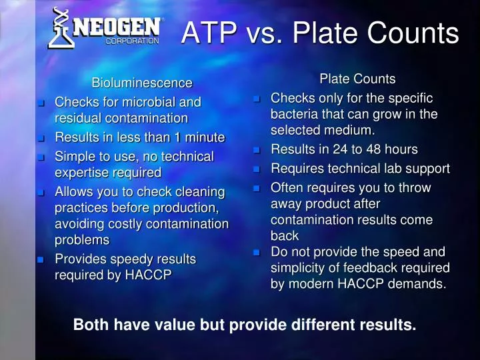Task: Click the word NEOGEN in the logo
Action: click(x=117, y=27)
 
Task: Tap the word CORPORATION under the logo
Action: click(x=133, y=41)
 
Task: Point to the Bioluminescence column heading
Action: click(x=141, y=83)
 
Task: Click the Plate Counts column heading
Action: click(x=357, y=79)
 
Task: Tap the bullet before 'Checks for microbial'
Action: click(x=41, y=103)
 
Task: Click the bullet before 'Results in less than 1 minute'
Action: click(x=41, y=139)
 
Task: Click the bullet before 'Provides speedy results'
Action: click(x=41, y=259)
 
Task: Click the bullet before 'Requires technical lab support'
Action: click(x=257, y=169)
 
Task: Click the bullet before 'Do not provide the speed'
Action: click(x=257, y=253)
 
